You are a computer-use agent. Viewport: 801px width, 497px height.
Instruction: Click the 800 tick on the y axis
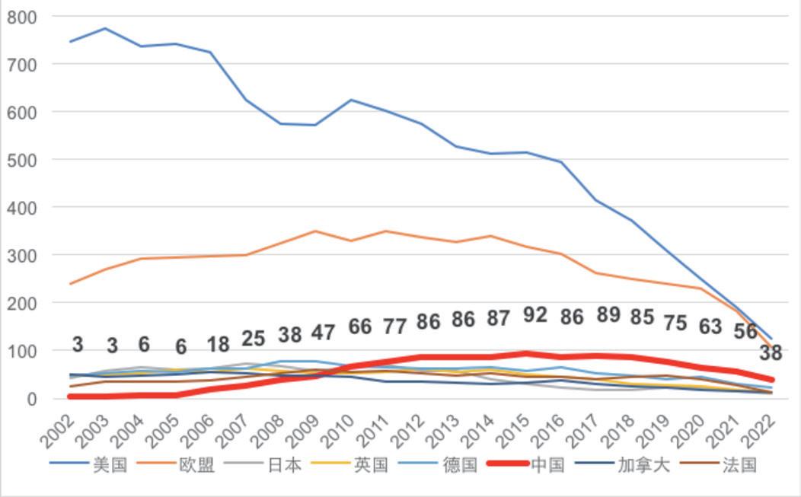tap(21, 17)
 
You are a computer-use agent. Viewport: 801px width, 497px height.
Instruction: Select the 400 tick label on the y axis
tap(21, 208)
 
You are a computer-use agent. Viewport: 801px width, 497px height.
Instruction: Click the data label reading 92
tap(535, 314)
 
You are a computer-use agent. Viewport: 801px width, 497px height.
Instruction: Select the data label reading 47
tap(323, 333)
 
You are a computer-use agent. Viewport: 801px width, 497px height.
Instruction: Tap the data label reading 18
tap(218, 344)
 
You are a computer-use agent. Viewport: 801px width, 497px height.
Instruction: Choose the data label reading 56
tap(745, 331)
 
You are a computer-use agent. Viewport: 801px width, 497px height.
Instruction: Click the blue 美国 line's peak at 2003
tap(105, 29)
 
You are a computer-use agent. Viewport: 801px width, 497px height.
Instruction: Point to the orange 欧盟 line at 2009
tap(315, 231)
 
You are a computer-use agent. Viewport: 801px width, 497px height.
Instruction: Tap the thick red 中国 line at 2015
tap(526, 354)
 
